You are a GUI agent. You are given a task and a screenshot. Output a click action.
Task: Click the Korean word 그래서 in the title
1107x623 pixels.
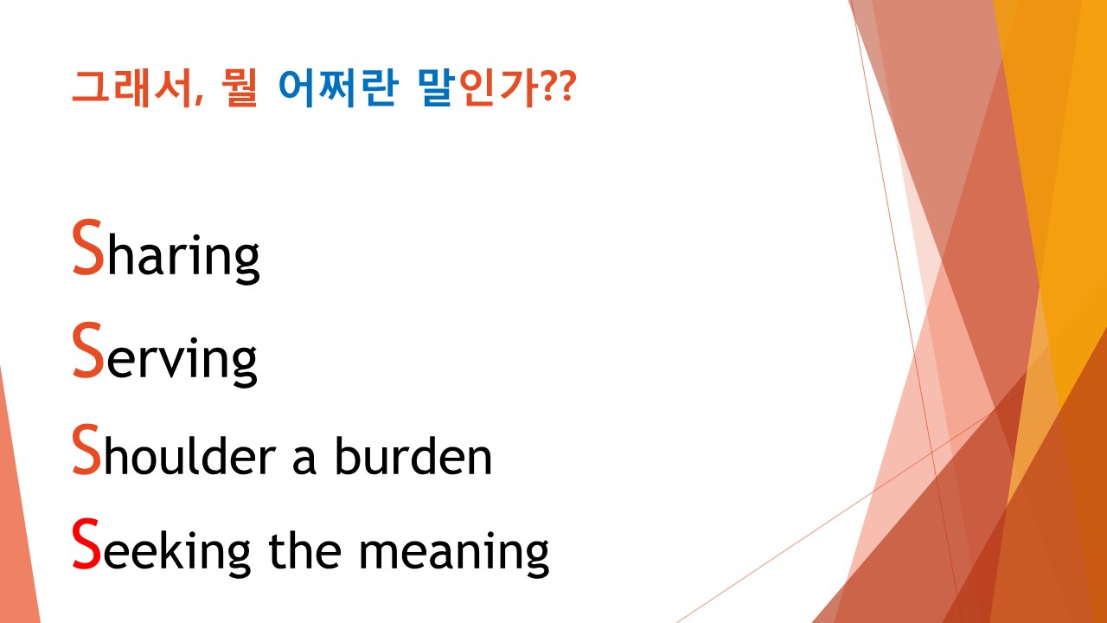pyautogui.click(x=131, y=88)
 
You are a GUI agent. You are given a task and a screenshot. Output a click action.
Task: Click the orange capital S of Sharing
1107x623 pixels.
pyautogui.click(x=88, y=248)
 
